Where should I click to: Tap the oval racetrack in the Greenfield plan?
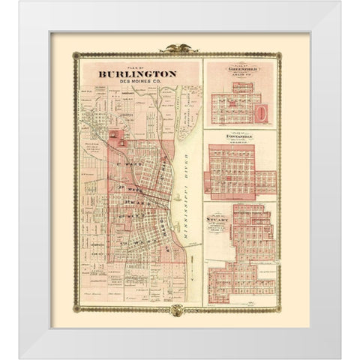[261, 114]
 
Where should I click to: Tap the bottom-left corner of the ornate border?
[73, 307]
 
